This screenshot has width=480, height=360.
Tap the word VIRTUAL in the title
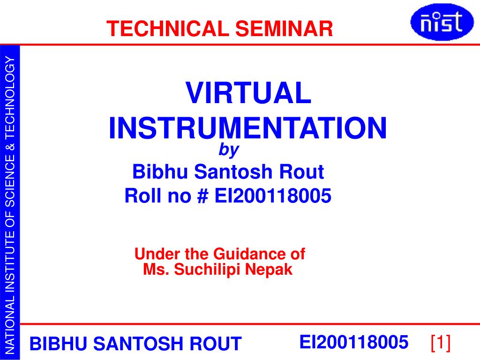pos(248,93)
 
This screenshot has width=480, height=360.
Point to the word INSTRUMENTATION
pos(248,128)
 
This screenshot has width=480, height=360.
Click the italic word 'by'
pos(229,150)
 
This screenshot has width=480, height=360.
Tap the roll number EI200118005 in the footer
pos(353,342)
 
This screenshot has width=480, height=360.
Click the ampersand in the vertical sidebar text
pos(10,147)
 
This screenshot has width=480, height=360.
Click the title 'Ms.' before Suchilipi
pos(153,270)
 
